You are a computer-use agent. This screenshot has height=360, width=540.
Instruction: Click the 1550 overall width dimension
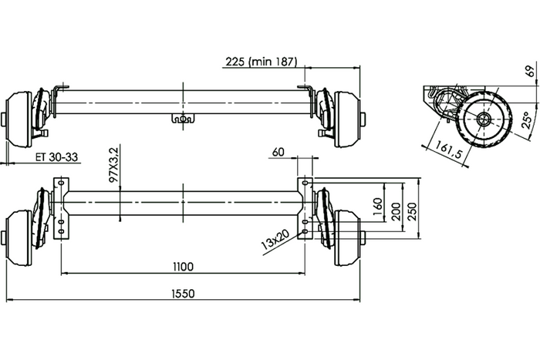(x=184, y=292)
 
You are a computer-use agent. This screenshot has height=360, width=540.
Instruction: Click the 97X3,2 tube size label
(x=114, y=166)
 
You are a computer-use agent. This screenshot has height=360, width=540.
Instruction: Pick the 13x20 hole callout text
(x=274, y=241)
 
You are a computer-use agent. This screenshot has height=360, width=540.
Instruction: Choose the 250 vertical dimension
(x=413, y=210)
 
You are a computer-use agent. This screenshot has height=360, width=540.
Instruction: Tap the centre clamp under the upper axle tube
(x=184, y=119)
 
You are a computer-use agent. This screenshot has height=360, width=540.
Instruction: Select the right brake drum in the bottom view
(x=347, y=237)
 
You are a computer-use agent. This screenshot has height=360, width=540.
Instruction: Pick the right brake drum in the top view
(x=347, y=117)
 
